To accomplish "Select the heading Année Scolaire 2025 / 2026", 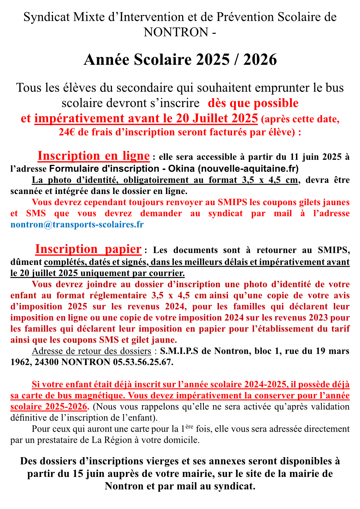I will pyautogui.click(x=180, y=60).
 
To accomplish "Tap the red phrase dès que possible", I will pyautogui.click(x=253, y=103).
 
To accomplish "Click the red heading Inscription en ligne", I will pyautogui.click(x=94, y=156).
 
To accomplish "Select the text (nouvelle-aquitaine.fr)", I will pyautogui.click(x=248, y=168).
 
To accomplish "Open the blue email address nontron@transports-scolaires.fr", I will pyautogui.click(x=77, y=225).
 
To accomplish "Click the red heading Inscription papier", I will pyautogui.click(x=88, y=249).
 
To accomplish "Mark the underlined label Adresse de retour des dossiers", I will pyautogui.click(x=91, y=351).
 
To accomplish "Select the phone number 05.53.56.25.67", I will pyautogui.click(x=143, y=362).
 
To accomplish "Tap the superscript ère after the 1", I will pyautogui.click(x=189, y=427).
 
